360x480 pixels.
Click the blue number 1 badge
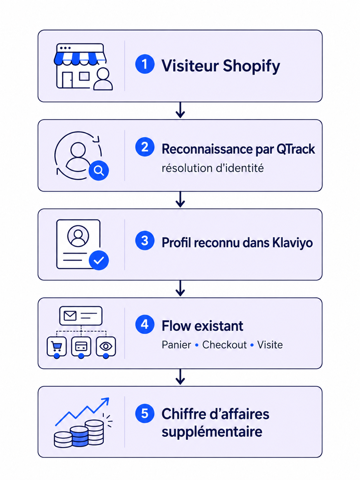[145, 64]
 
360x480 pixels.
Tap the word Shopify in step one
[251, 66]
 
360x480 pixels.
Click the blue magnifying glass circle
[98, 170]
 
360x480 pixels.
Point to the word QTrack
[296, 149]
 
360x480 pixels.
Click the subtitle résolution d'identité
[213, 168]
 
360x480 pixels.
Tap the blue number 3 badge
[145, 240]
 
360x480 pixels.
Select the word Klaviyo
[292, 243]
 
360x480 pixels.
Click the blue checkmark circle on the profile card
[98, 260]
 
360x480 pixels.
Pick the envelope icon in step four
[70, 316]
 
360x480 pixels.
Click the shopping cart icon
[57, 346]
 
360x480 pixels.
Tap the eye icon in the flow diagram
[106, 346]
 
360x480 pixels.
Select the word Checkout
[224, 345]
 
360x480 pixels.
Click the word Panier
[176, 345]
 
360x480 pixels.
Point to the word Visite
[270, 345]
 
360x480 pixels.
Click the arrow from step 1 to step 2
[180, 110]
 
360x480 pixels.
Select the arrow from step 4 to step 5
[180, 377]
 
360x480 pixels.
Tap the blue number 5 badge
[145, 413]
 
